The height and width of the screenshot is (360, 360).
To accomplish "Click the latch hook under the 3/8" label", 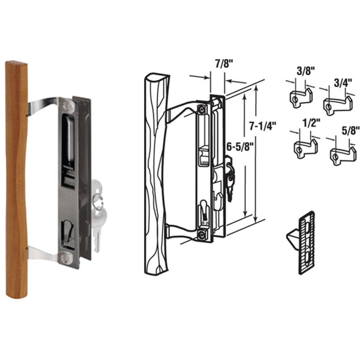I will [298, 95].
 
